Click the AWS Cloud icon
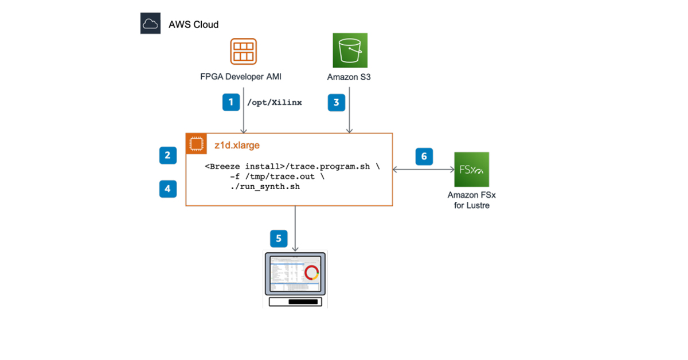point(150,24)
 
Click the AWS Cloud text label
point(193,25)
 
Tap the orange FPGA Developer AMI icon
point(244,51)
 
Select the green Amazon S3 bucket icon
point(350,50)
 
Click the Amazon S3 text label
point(349,77)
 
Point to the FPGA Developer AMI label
point(244,77)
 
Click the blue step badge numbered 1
point(231,102)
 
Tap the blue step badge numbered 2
point(167,155)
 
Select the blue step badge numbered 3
point(336,102)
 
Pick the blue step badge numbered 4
point(167,188)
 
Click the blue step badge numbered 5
point(279,238)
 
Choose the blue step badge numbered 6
point(424,156)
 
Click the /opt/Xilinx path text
point(274,103)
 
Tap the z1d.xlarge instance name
point(237,146)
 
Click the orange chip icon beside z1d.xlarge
point(196,144)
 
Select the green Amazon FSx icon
point(471,169)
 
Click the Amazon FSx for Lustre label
point(471,200)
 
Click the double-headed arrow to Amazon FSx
point(423,170)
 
